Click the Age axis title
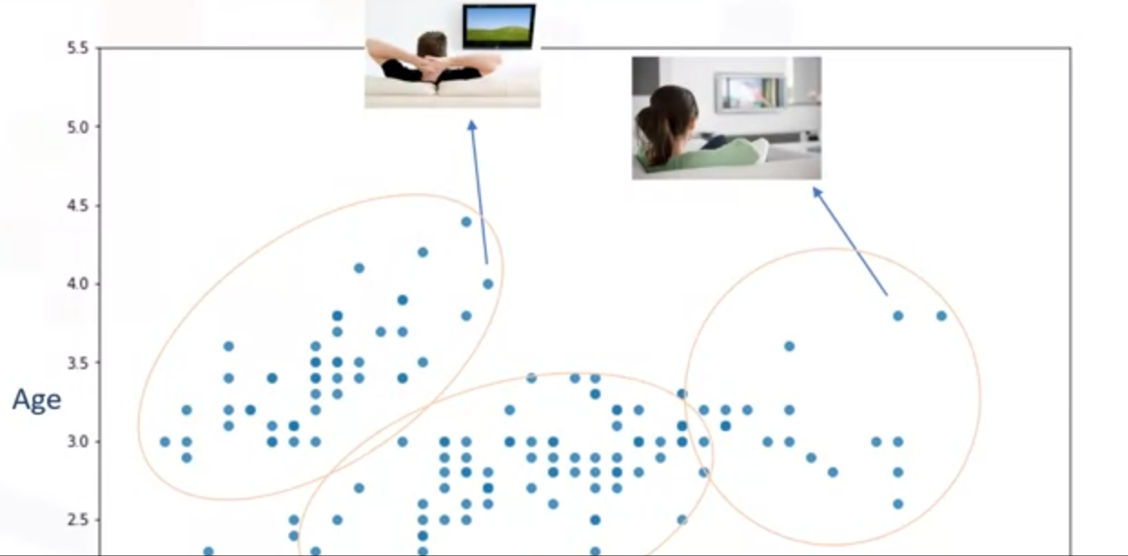(x=36, y=400)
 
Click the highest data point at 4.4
(x=466, y=221)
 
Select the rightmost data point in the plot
(x=942, y=316)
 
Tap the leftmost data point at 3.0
(x=164, y=442)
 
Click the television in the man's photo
(x=498, y=27)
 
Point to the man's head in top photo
(x=432, y=45)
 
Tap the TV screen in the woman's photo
(x=750, y=93)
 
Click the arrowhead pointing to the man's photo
(x=472, y=125)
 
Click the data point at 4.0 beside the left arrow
(x=488, y=284)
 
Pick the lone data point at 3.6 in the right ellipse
(x=790, y=346)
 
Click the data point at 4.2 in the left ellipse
(x=423, y=252)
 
